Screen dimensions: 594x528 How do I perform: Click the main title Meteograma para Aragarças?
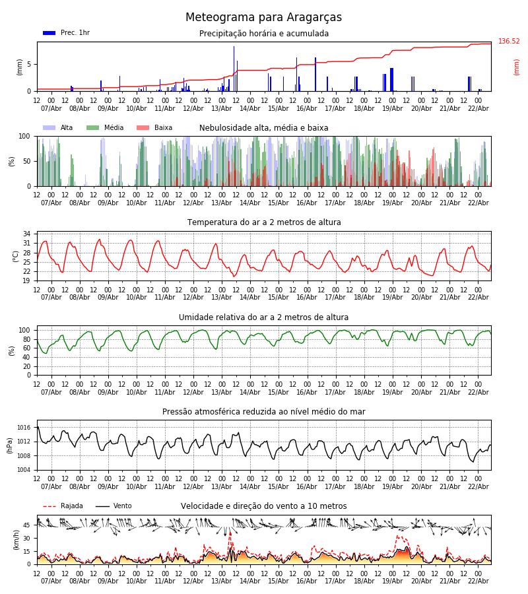point(263,18)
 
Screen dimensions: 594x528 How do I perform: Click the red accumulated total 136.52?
point(509,42)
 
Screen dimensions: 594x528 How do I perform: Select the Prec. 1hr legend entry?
point(67,33)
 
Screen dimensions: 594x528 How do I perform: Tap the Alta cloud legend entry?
point(59,128)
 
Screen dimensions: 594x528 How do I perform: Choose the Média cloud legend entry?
point(106,128)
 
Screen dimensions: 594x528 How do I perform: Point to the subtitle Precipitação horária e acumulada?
point(264,34)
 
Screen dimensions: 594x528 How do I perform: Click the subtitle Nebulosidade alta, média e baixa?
point(264,128)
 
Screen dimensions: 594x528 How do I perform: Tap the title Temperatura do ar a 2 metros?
point(264,222)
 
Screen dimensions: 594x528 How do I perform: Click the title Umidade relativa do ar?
point(264,317)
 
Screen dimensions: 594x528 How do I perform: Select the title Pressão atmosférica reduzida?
point(264,412)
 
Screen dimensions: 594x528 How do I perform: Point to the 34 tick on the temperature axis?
point(26,234)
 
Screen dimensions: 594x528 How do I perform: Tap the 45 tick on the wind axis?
point(27,525)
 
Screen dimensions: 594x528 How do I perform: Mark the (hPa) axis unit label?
point(10,445)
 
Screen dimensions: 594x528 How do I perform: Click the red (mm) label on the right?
point(517,67)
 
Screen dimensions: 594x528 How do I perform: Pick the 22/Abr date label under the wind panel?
point(478,581)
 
